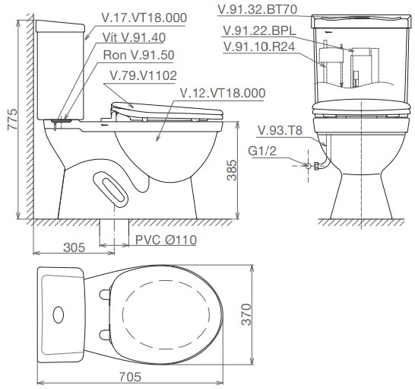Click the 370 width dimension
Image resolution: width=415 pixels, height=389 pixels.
tap(245, 314)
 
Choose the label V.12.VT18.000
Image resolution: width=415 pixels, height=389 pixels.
tap(222, 93)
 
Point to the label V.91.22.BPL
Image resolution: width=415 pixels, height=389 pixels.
tap(260, 31)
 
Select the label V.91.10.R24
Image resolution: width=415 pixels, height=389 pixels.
tap(260, 47)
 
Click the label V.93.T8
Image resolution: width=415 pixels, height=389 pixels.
tap(280, 130)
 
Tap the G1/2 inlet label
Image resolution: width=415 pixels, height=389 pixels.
tap(261, 151)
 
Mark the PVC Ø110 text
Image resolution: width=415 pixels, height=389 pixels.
tap(166, 240)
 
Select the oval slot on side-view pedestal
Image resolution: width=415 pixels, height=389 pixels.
tap(112, 187)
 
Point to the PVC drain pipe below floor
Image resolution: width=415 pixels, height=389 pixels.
tap(115, 233)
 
